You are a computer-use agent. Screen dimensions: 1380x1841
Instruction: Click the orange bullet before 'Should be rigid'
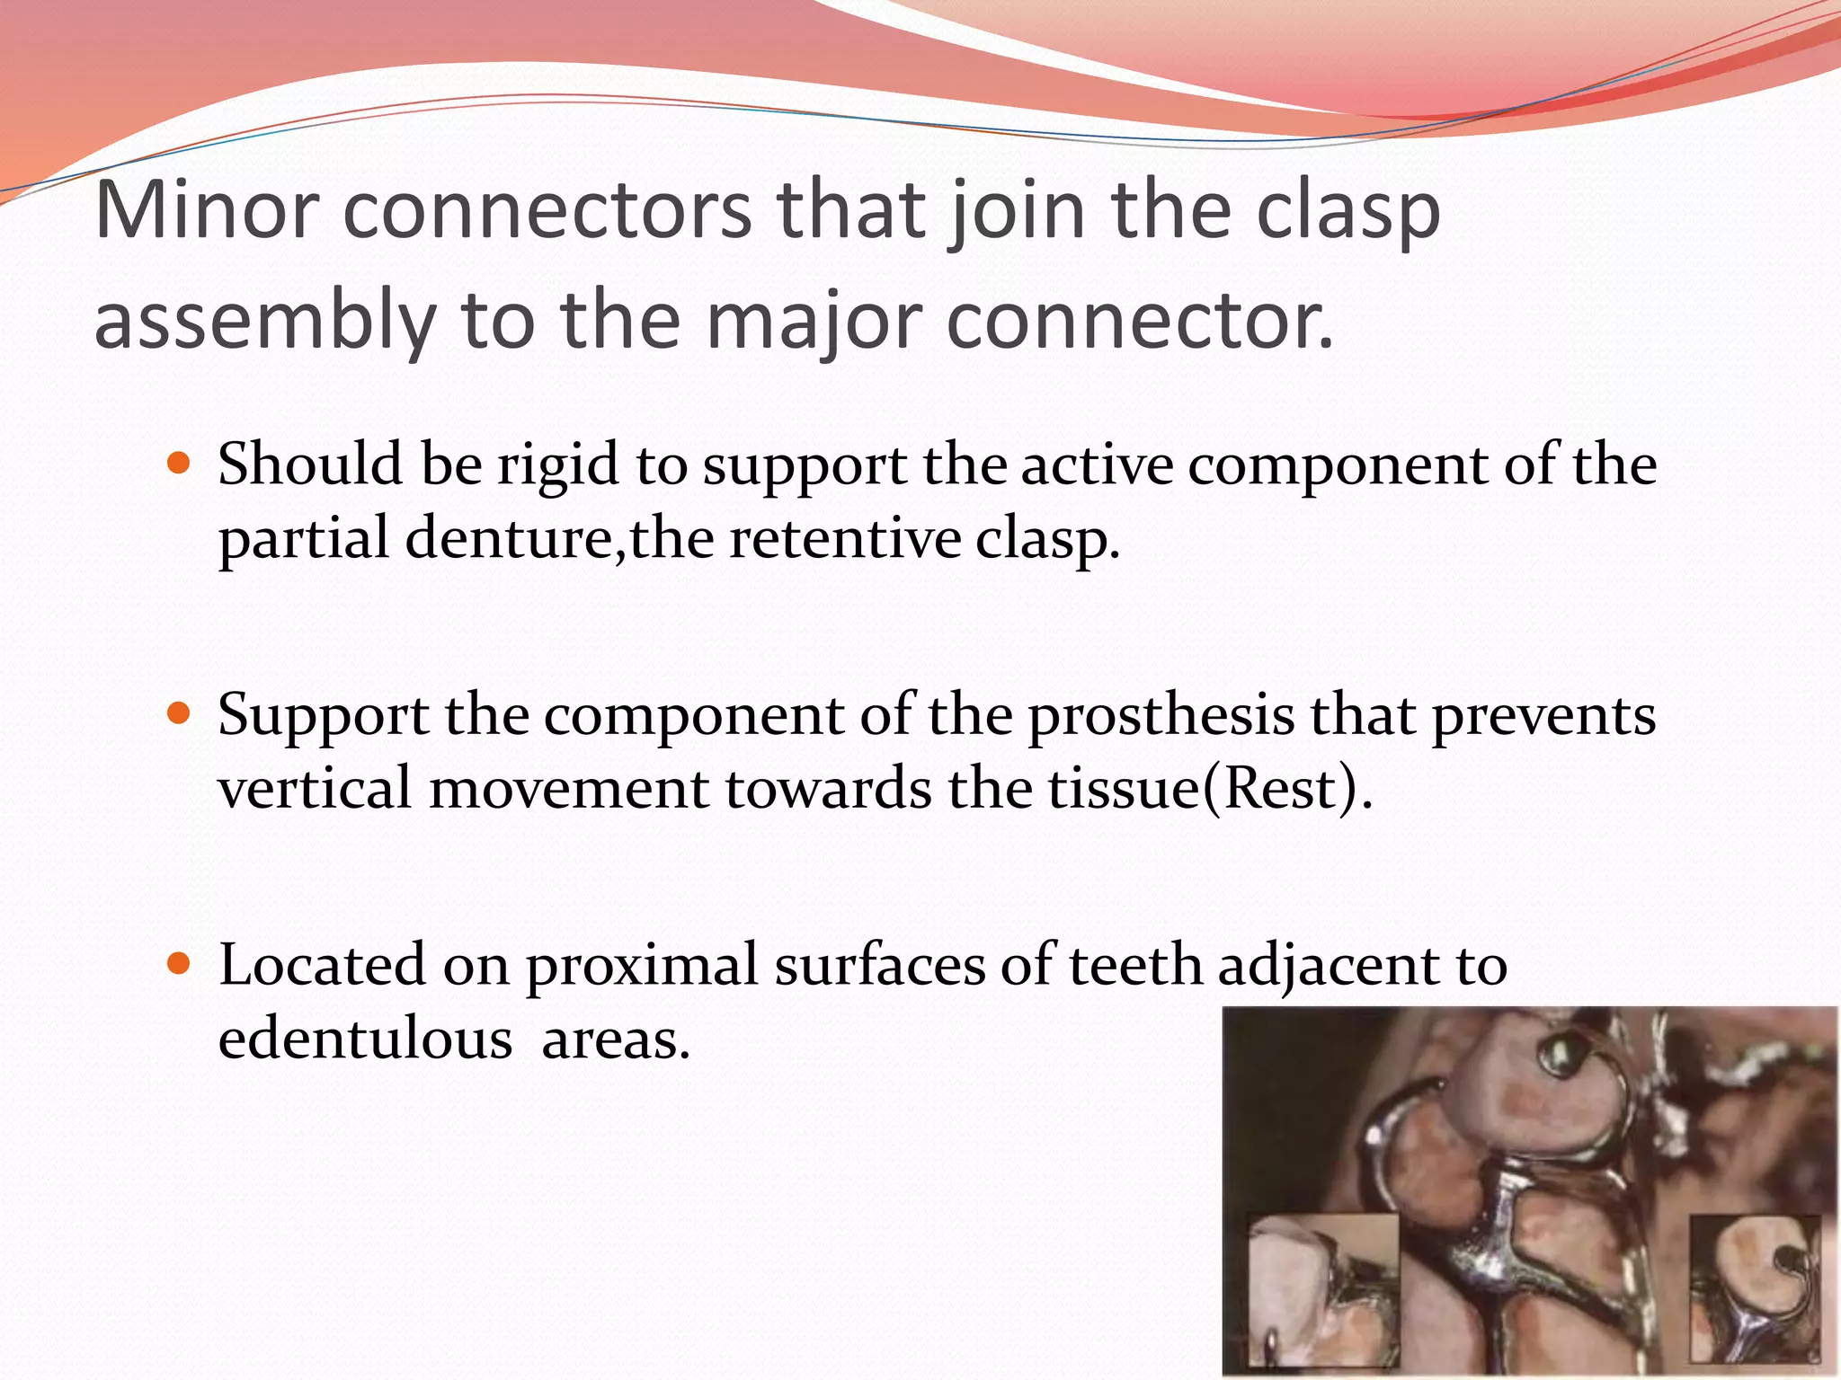pyautogui.click(x=180, y=464)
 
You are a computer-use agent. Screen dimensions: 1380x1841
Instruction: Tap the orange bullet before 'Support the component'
pyautogui.click(x=180, y=714)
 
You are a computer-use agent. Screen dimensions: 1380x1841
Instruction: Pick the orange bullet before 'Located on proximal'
pyautogui.click(x=180, y=965)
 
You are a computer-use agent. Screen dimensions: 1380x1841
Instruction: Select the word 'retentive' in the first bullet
pyautogui.click(x=845, y=540)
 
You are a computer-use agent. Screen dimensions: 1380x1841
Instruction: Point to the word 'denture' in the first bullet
pyautogui.click(x=508, y=540)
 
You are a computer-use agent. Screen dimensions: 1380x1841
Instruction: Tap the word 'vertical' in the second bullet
pyautogui.click(x=314, y=789)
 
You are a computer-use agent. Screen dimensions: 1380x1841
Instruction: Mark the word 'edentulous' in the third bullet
pyautogui.click(x=365, y=1040)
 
